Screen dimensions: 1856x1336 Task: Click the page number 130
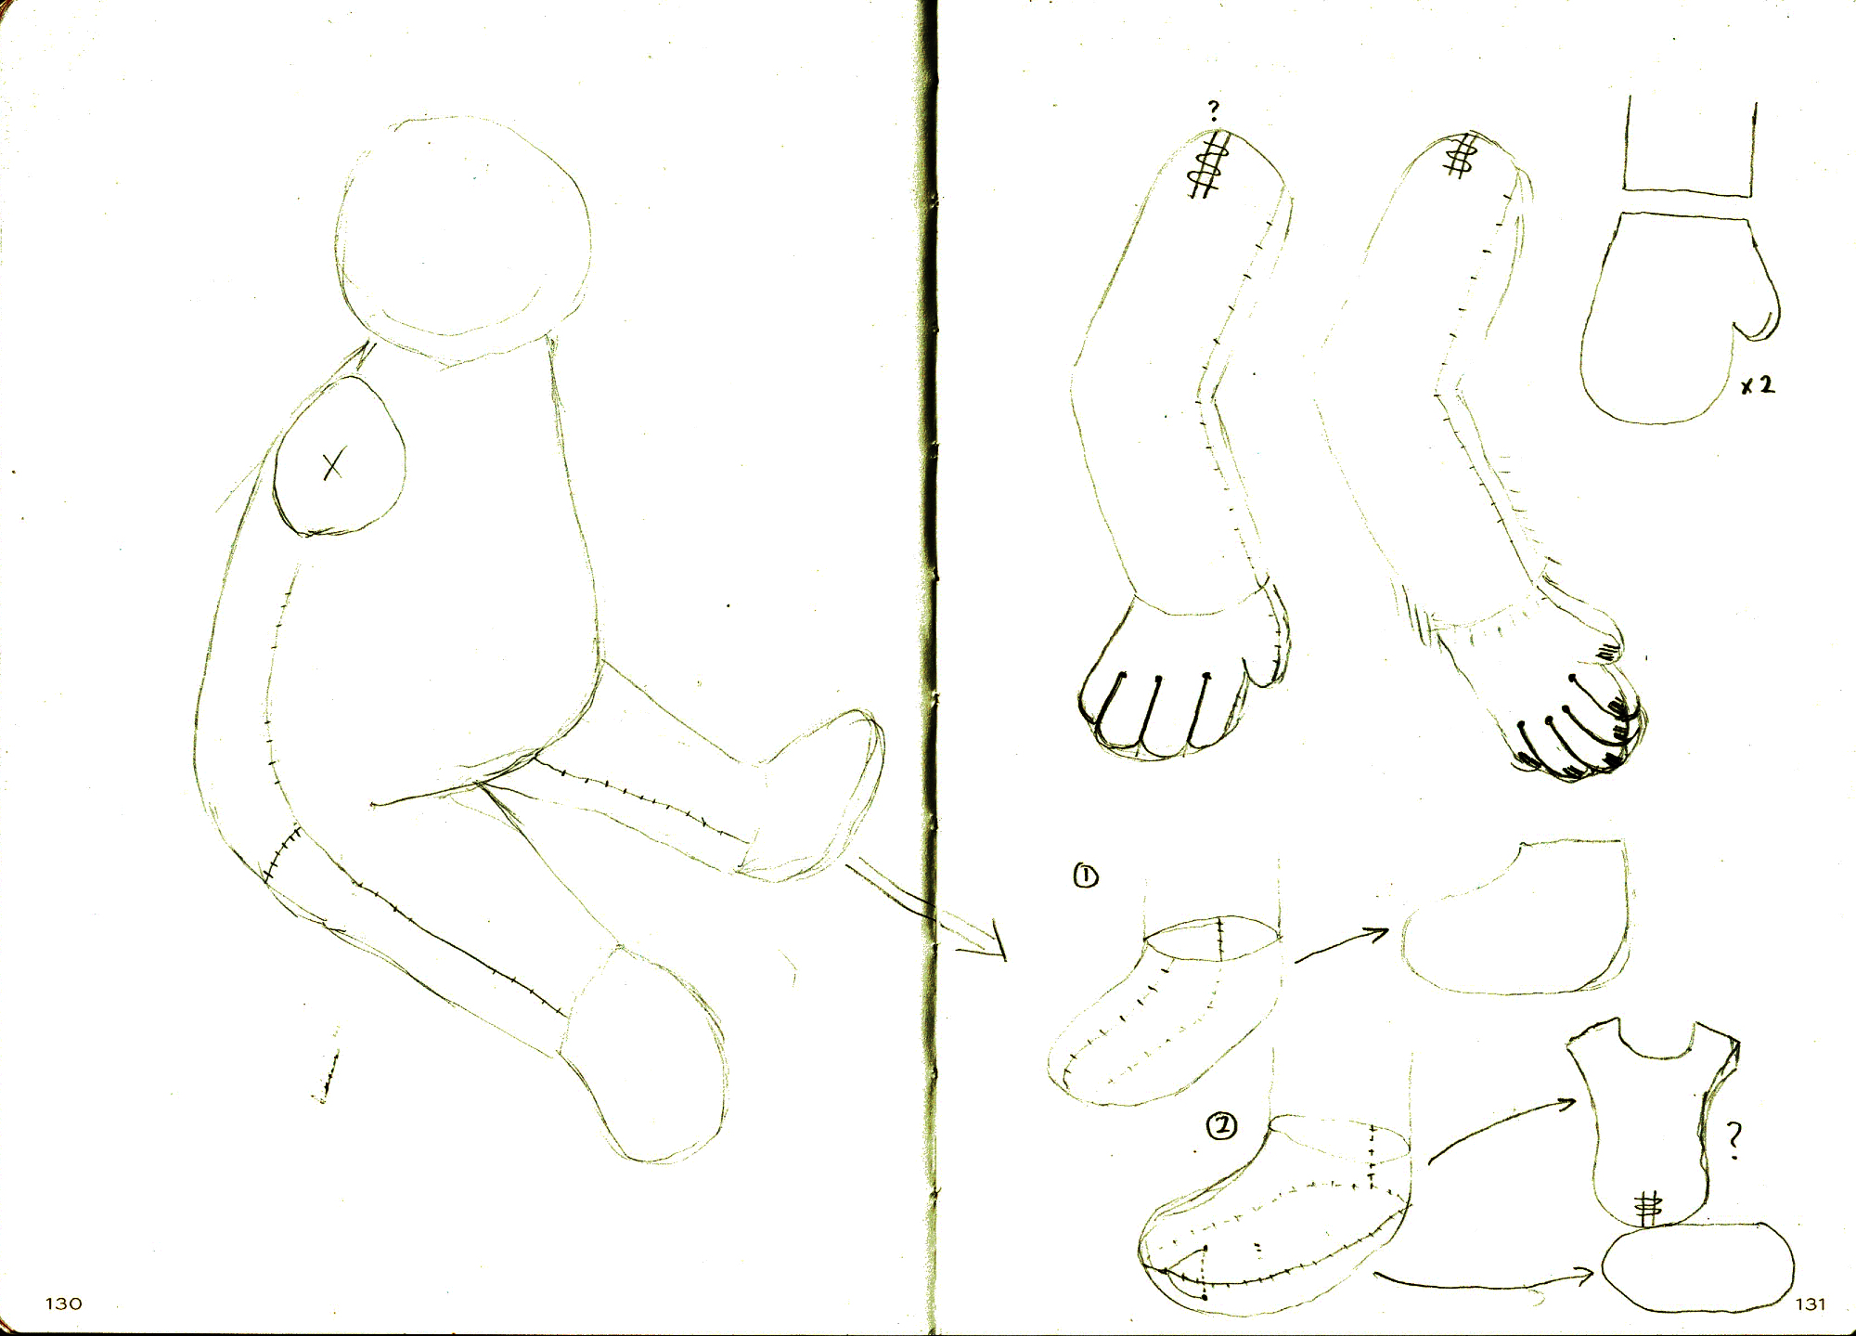coord(64,1304)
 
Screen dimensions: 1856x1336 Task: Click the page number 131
coord(1810,1304)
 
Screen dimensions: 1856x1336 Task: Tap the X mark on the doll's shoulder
coord(333,463)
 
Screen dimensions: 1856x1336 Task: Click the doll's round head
coord(462,240)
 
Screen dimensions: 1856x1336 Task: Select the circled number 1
coord(1085,876)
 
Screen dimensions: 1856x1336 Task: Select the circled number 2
coord(1221,1126)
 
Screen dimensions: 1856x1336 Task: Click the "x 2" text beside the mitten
coord(1757,384)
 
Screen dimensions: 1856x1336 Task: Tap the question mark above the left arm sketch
coord(1213,110)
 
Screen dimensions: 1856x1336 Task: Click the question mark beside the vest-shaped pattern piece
coord(1733,1141)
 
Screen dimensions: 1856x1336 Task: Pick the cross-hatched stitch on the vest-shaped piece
coord(1648,1208)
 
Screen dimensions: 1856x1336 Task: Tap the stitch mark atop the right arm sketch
coord(1461,156)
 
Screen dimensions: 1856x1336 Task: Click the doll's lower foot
coord(646,1053)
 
